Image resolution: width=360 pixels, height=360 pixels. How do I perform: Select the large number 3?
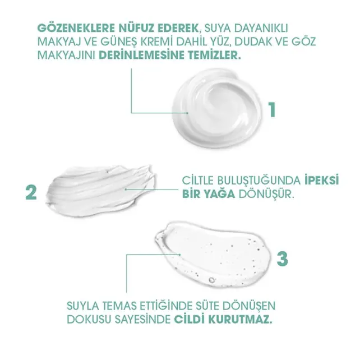[x=283, y=259]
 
